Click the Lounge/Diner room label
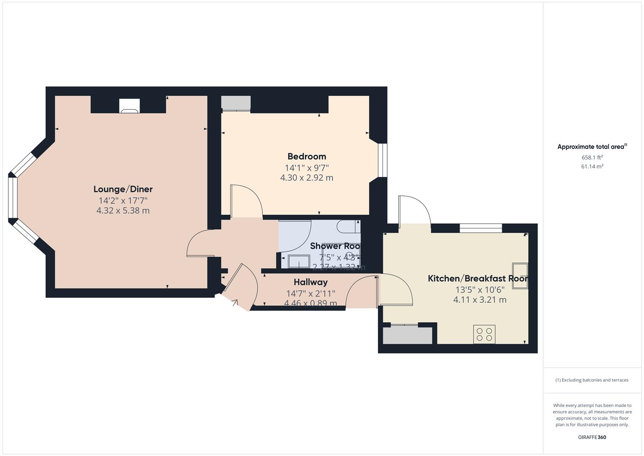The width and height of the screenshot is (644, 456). tap(123, 189)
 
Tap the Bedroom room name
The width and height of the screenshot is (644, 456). tap(307, 157)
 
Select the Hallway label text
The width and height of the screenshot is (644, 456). tap(310, 282)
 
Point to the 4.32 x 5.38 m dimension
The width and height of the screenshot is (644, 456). tap(123, 210)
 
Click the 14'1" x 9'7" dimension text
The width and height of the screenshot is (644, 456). tap(307, 167)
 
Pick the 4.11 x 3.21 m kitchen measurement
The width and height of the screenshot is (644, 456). tap(480, 300)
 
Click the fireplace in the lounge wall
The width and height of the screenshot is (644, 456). tap(129, 106)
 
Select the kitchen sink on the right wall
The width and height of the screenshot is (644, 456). tap(520, 276)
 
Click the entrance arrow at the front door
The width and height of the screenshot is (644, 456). tap(234, 302)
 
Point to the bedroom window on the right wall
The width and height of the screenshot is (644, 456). tap(382, 160)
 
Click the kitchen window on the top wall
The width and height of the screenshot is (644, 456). tap(481, 228)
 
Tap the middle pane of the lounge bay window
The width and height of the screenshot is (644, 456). tap(13, 198)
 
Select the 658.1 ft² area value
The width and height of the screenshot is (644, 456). tap(592, 157)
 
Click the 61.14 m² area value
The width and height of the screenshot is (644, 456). tap(592, 166)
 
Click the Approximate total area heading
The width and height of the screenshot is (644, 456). tap(592, 147)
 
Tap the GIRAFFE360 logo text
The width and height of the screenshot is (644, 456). tap(592, 437)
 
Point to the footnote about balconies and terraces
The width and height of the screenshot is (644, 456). tap(592, 380)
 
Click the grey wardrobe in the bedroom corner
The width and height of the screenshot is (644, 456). tap(236, 103)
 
